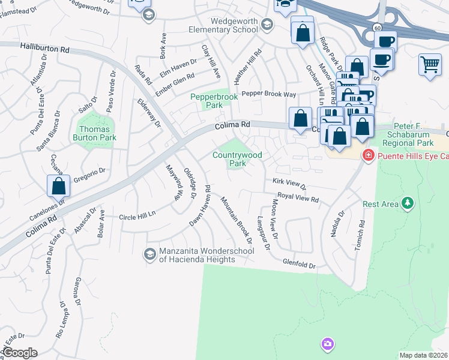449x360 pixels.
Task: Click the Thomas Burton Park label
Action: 95,133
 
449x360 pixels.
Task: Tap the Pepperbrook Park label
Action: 206,101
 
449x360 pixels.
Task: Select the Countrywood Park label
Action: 238,159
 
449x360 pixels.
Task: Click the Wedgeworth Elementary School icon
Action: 267,25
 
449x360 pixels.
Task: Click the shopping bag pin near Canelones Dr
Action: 59,185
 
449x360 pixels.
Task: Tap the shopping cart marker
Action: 430,64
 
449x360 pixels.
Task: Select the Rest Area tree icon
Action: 408,204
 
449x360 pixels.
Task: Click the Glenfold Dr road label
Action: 300,264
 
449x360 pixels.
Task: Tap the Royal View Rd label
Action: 297,197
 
